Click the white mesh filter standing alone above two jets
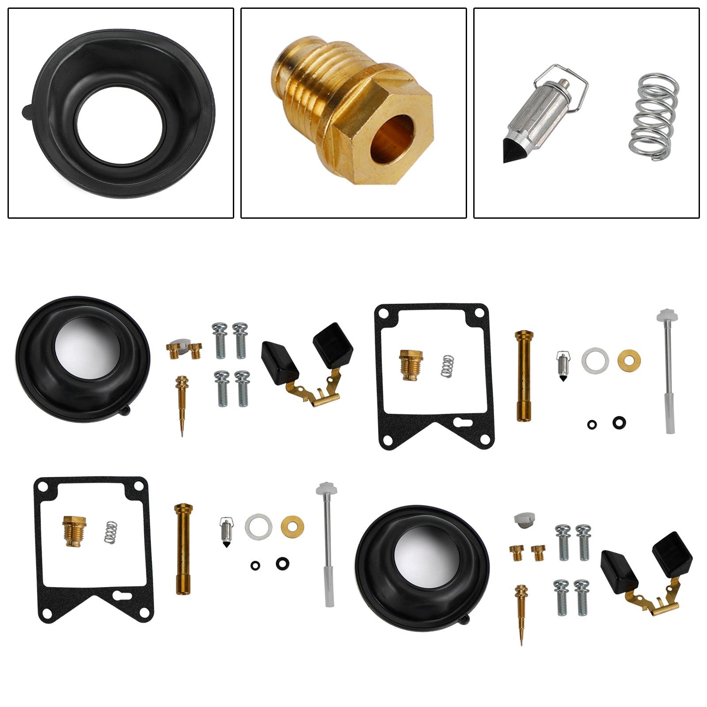click(524, 520)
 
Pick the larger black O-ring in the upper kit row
click(619, 422)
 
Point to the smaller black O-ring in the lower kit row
click(255, 565)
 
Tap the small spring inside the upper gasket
click(448, 366)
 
